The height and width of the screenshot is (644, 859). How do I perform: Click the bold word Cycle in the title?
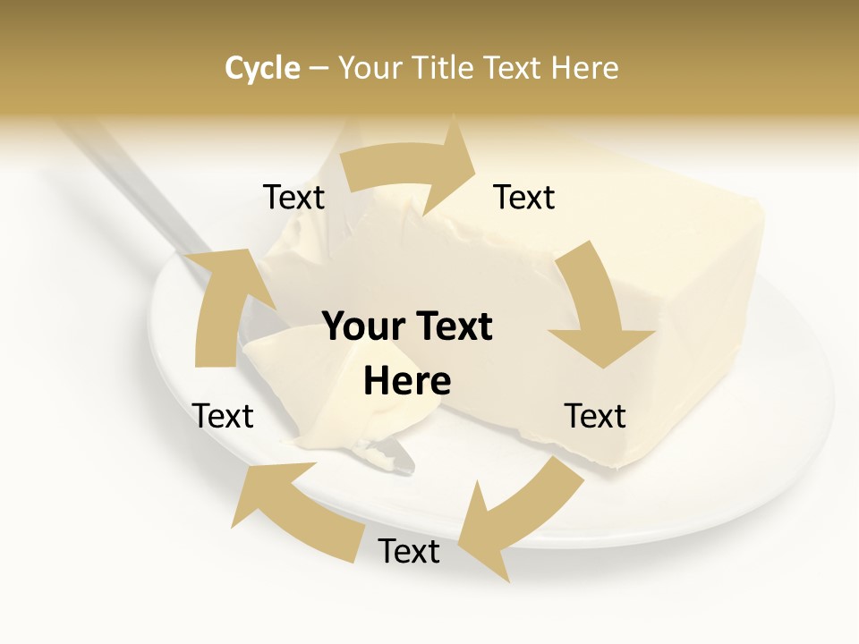(262, 68)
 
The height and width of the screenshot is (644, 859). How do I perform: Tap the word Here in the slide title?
(585, 68)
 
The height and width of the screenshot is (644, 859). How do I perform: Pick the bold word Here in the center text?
(407, 381)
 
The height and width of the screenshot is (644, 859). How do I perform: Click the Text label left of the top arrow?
(293, 198)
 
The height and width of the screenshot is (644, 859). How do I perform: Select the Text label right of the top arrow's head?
(524, 198)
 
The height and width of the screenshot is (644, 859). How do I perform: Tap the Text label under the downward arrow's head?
(595, 416)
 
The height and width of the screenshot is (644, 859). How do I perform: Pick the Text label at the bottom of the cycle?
(409, 552)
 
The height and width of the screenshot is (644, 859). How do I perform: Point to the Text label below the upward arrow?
(224, 416)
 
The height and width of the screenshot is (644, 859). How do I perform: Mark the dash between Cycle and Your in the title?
(318, 69)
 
